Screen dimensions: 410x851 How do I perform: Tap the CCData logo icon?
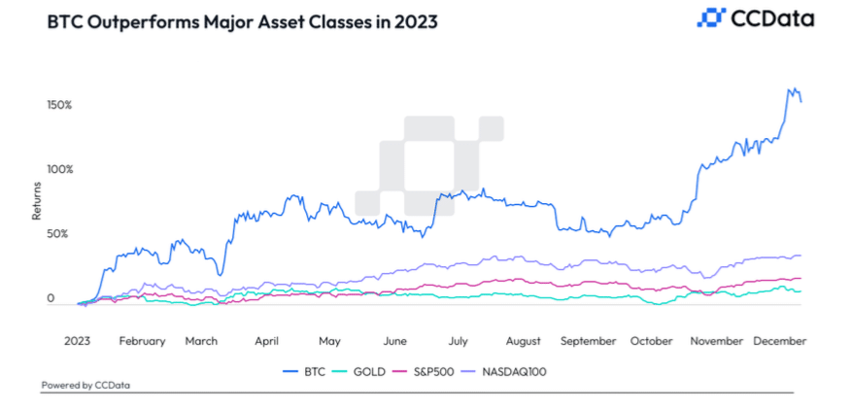712,17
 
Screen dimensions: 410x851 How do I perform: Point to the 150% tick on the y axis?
60,104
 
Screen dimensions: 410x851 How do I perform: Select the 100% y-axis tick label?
60,169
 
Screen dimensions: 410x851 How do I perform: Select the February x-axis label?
141,341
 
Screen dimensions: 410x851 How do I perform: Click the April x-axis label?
266,341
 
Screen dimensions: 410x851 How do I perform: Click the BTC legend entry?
308,370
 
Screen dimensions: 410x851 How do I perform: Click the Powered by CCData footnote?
85,386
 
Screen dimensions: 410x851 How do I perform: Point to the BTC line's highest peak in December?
791,88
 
